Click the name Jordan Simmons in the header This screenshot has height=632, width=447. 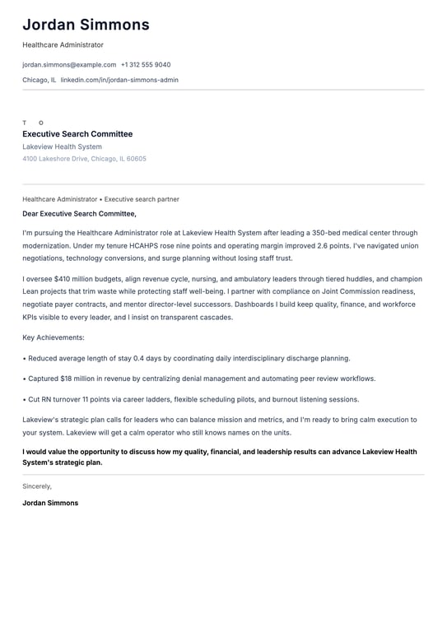[x=86, y=25]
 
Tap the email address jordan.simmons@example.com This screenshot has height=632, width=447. [x=69, y=64]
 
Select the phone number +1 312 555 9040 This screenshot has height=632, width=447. [x=146, y=64]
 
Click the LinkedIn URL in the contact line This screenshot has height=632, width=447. [x=119, y=80]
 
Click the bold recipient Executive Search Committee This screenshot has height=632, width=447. [x=77, y=134]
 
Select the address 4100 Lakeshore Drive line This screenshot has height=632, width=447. [x=84, y=159]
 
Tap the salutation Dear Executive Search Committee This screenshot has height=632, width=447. [x=80, y=214]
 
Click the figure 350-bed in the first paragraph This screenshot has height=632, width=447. [x=337, y=233]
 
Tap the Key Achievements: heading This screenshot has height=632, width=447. [x=54, y=337]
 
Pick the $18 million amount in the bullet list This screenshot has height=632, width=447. [x=84, y=379]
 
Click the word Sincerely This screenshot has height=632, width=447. [x=37, y=486]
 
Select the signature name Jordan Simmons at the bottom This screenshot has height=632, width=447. [x=50, y=503]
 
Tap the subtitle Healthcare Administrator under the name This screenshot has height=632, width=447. [x=63, y=44]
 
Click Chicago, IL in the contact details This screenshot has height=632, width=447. [x=40, y=80]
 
